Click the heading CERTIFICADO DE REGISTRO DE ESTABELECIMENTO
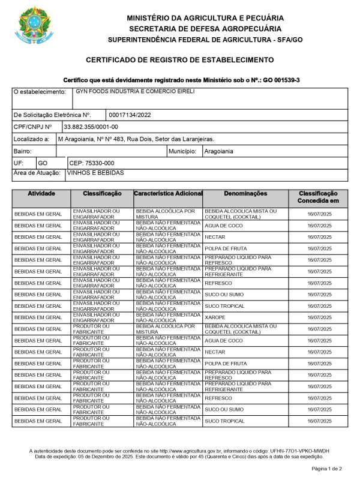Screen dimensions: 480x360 (x=180, y=60)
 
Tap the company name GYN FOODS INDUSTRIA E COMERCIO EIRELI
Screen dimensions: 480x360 (x=135, y=92)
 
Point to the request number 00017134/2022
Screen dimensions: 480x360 (x=128, y=115)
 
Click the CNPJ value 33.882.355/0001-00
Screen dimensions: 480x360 (x=91, y=127)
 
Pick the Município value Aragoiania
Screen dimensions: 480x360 (x=219, y=151)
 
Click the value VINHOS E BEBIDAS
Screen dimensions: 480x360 (x=95, y=173)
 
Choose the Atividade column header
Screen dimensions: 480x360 (x=41, y=194)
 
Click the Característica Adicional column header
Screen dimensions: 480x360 (x=168, y=194)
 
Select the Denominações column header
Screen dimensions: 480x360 (x=245, y=194)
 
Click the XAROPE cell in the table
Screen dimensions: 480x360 (x=214, y=317)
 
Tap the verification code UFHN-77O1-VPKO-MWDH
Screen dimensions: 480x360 (x=299, y=451)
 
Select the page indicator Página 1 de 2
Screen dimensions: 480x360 (x=326, y=468)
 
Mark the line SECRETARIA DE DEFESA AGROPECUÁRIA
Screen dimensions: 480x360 (x=205, y=28)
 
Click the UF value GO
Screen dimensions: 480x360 (x=43, y=163)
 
